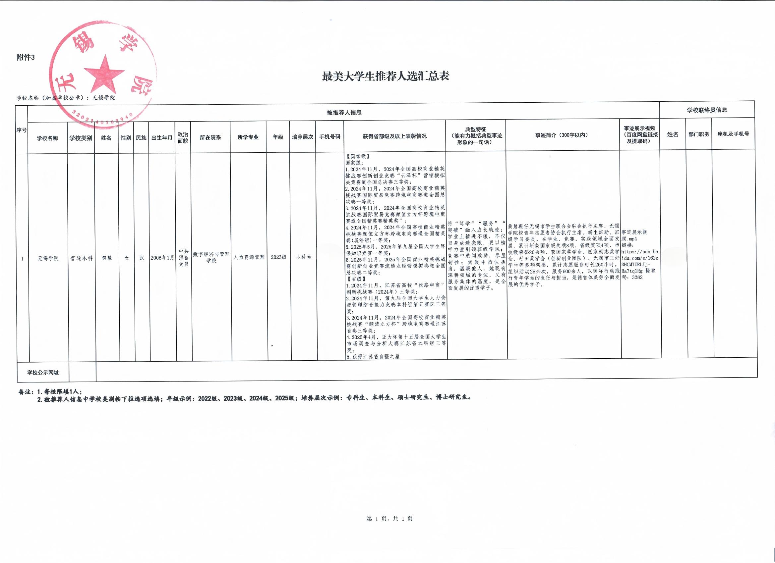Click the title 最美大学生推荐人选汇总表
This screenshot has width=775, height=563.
coord(386,76)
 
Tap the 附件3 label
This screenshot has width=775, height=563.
coord(26,58)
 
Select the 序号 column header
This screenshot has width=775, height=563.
coord(22,130)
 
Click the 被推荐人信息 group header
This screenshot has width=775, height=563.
coord(344,112)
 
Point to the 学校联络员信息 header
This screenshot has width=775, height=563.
coord(707,110)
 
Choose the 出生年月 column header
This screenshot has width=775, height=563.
coord(162,137)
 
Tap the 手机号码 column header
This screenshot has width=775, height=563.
coord(330,136)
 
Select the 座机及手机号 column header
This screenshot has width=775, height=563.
coord(733,134)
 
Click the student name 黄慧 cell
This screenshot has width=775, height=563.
coord(107,258)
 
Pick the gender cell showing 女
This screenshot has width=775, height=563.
coord(127,258)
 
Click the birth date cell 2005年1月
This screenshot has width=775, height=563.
coord(162,258)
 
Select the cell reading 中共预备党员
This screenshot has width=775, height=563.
coord(184,257)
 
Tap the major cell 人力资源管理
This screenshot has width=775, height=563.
coord(249,257)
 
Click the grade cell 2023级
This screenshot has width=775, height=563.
coord(278,257)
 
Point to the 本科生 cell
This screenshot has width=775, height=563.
coord(303,257)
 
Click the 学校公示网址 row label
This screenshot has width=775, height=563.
coord(43,373)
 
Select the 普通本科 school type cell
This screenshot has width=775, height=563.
coord(81,258)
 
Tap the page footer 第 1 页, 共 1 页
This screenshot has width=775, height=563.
coord(389,519)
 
